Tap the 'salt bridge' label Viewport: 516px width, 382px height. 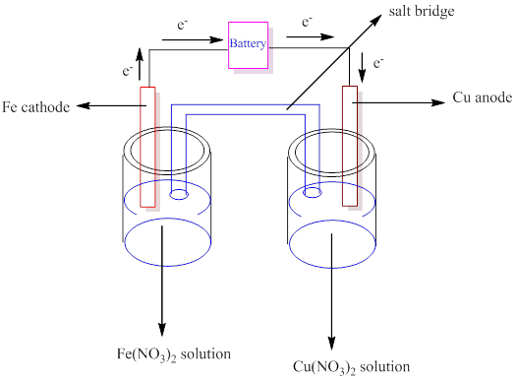click(x=422, y=11)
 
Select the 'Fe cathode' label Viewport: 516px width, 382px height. click(x=35, y=107)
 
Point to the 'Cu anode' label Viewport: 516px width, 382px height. click(x=483, y=97)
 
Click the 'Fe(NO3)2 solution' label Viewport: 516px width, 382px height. click(x=174, y=354)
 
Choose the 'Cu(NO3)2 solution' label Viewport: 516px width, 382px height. click(x=352, y=367)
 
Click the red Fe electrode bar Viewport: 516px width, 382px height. click(x=147, y=147)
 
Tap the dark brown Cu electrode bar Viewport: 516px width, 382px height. click(x=350, y=146)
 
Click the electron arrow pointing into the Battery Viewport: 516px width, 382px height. click(x=193, y=40)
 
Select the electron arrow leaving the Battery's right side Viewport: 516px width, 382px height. click(x=311, y=36)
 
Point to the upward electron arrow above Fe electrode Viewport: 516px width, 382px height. click(x=140, y=64)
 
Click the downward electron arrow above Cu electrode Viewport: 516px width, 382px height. click(x=362, y=68)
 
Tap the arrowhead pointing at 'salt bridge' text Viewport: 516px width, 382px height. click(x=376, y=20)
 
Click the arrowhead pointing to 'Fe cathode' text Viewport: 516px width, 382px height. click(x=83, y=105)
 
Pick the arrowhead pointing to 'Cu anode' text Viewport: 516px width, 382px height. click(x=438, y=102)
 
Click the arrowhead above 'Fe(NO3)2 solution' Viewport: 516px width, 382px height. click(x=162, y=329)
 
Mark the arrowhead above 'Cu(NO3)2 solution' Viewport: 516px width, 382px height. click(x=332, y=343)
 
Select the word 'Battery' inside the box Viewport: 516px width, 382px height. click(x=248, y=43)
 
